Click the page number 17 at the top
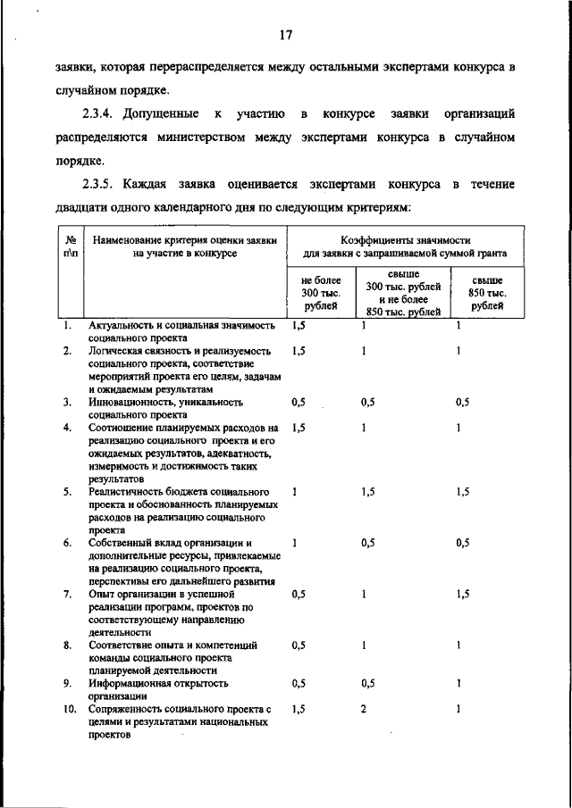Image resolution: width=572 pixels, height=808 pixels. coord(285,36)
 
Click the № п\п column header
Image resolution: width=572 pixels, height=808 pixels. coord(69,246)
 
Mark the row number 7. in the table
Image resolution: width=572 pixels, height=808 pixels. coord(67,594)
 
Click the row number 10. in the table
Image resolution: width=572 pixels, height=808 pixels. coord(67,709)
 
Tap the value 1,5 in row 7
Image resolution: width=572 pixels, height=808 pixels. coord(462,594)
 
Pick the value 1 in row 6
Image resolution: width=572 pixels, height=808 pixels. coord(295,543)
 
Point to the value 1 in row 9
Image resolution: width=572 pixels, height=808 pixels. coord(458,683)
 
